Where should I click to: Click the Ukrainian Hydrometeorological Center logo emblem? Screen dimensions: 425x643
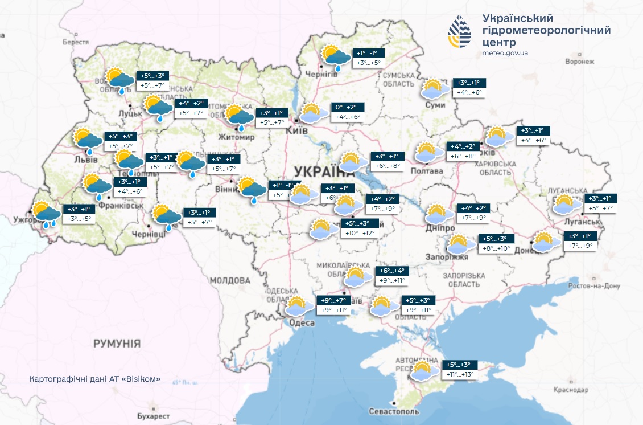pyautogui.click(x=459, y=31)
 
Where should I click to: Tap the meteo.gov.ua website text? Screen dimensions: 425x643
pyautogui.click(x=505, y=53)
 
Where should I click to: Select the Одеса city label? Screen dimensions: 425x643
pyautogui.click(x=301, y=323)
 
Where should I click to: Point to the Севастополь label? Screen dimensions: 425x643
pyautogui.click(x=394, y=411)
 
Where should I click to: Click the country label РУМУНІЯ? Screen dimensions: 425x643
pyautogui.click(x=117, y=344)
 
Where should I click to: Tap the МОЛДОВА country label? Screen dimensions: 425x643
pyautogui.click(x=229, y=280)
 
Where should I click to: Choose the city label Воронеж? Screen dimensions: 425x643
pyautogui.click(x=580, y=62)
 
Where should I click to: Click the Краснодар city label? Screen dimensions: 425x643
pyautogui.click(x=571, y=390)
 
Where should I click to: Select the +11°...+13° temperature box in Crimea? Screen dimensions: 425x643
pyautogui.click(x=460, y=374)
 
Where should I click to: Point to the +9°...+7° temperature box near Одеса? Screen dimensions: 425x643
pyautogui.click(x=333, y=300)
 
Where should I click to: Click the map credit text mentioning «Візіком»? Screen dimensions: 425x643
pyautogui.click(x=94, y=379)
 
